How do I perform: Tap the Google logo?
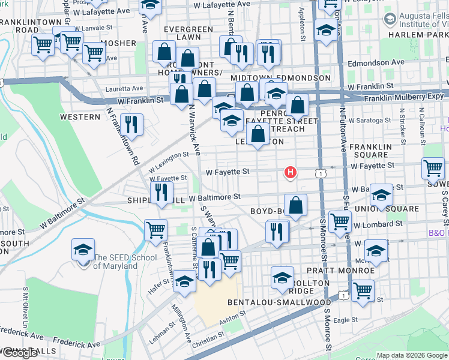(20, 353)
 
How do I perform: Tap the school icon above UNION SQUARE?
(381, 196)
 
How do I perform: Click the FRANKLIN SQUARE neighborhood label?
(370, 151)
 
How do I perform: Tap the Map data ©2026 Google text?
(411, 355)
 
